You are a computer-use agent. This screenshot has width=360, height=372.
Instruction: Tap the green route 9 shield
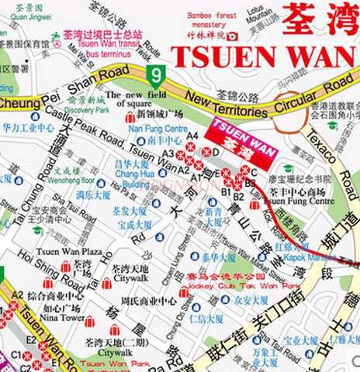[159, 75]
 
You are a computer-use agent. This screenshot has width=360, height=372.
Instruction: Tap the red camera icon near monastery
[231, 36]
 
